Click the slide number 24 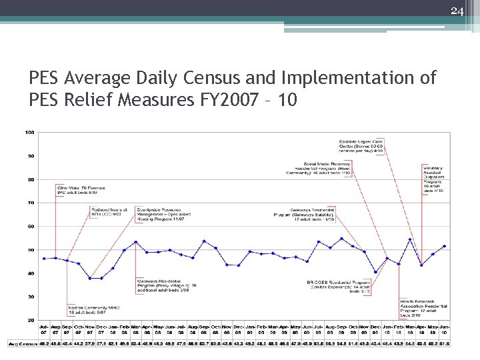tap(457, 10)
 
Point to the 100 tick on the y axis tap(30, 132)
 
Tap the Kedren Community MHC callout tap(87, 309)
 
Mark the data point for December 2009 tap(376, 272)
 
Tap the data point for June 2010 tap(444, 246)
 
